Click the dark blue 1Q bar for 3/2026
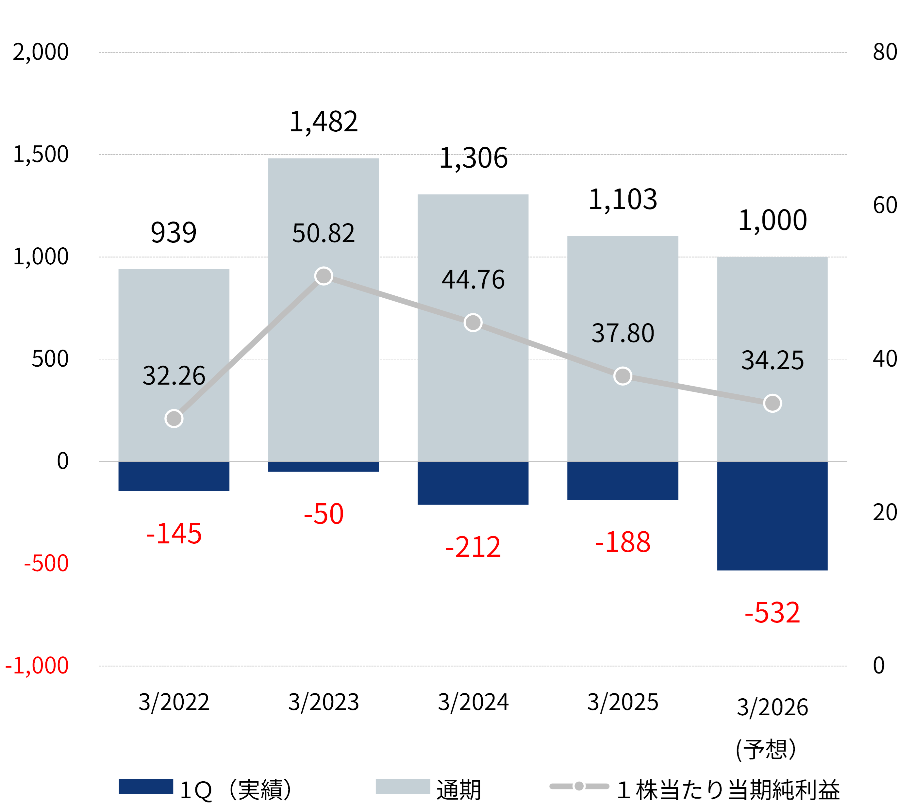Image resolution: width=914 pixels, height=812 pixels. coord(772,516)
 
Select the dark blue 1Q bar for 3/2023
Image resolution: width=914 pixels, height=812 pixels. coord(323,466)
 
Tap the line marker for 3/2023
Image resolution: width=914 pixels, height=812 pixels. coord(323,276)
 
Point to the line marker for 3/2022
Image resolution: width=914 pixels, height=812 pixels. coord(174,419)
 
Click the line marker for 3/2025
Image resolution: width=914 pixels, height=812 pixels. coord(623,376)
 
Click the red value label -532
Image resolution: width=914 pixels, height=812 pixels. coord(772,613)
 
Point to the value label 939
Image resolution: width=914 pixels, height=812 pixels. coord(174,233)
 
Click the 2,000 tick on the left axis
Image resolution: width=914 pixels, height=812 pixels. coord(41,52)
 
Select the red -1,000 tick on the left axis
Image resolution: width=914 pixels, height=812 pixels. coord(37,665)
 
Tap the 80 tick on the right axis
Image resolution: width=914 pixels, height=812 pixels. coord(885,52)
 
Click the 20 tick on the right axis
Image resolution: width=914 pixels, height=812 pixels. coord(885,512)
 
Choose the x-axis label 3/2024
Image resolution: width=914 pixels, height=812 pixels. coord(473,702)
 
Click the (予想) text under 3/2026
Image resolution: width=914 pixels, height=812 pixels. coord(766,749)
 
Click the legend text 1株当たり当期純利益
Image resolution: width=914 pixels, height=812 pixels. coord(728,790)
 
